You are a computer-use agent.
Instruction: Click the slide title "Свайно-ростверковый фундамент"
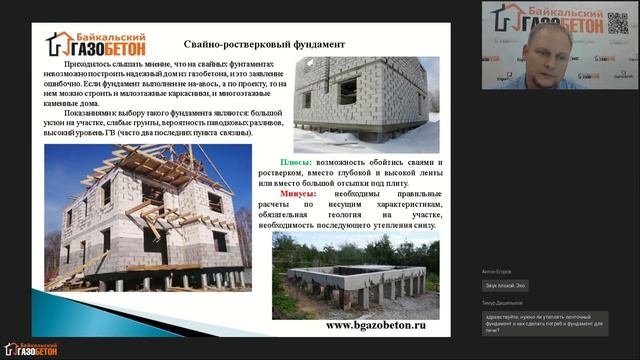pos(264,44)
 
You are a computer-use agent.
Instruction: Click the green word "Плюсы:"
pos(295,161)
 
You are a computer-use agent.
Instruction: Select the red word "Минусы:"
pos(297,194)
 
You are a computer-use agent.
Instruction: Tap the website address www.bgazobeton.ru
pos(376,325)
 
